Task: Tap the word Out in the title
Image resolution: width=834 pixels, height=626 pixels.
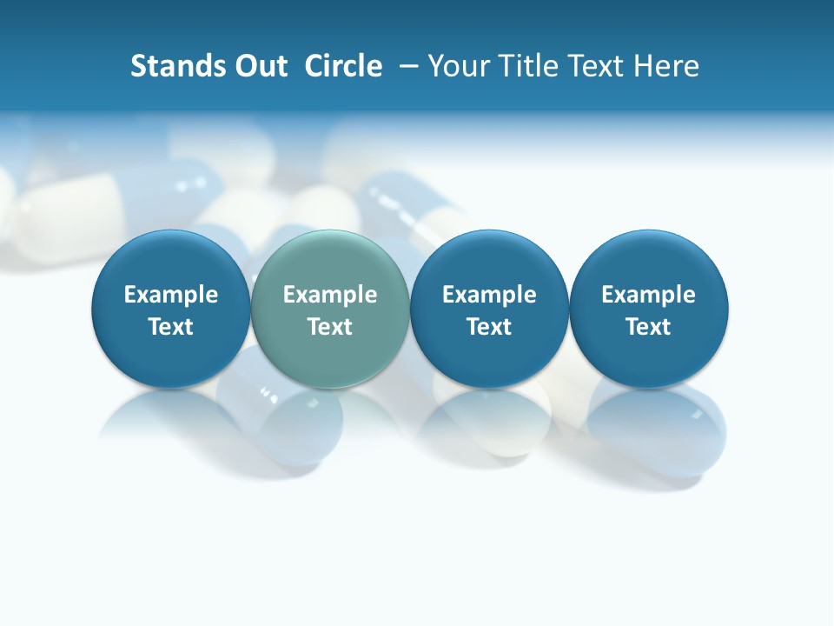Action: (x=258, y=66)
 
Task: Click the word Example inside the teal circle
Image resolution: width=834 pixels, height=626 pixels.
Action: (x=330, y=295)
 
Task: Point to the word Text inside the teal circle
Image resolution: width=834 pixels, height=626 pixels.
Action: (x=330, y=327)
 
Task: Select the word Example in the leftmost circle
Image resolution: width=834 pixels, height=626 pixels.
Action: (x=171, y=295)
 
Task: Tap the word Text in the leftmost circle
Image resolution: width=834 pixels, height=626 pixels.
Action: (x=171, y=327)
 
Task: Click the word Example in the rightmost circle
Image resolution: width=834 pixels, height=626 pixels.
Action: (x=649, y=295)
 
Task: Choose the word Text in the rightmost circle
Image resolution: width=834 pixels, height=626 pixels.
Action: (x=649, y=327)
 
